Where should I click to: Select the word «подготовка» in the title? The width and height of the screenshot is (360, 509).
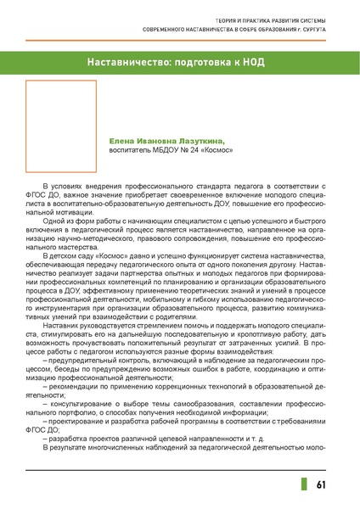pos(208,65)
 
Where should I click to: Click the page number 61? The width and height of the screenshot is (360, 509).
pos(321,484)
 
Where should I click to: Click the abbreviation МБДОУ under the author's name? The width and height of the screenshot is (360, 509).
pos(165,153)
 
